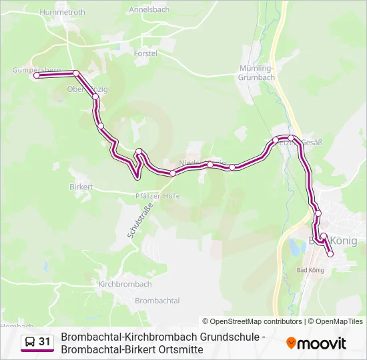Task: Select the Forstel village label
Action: [x=145, y=53]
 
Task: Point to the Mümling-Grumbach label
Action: [x=257, y=73]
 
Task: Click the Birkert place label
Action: [x=81, y=187]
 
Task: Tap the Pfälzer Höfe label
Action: [x=157, y=196]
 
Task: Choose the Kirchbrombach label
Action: [x=125, y=284]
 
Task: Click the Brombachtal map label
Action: [x=157, y=301]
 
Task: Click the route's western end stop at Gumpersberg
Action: [x=37, y=76]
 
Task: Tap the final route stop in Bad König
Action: [x=330, y=253]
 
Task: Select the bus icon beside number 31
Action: [x=30, y=342]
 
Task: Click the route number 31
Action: [x=45, y=342]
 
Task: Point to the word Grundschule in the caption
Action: [x=228, y=337]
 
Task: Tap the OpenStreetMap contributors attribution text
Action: [x=252, y=321]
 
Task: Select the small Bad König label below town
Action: [x=310, y=270]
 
